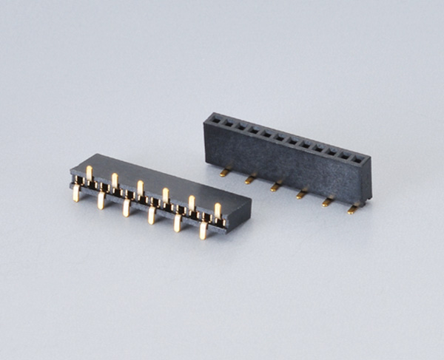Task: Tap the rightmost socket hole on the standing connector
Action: tap(359, 158)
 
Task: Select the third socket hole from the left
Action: tap(240, 125)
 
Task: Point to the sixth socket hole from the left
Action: tap(279, 136)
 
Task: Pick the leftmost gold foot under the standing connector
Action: tap(224, 173)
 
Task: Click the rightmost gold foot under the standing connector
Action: tap(352, 210)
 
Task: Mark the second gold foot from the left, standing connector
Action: tap(250, 179)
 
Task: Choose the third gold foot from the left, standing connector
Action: tap(275, 186)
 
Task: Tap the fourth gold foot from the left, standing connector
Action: tap(301, 194)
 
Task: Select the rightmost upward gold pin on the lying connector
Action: tap(218, 211)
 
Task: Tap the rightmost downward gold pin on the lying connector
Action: tap(203, 231)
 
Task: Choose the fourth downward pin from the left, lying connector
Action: tap(152, 215)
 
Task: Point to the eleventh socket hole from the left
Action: tap(346, 154)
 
